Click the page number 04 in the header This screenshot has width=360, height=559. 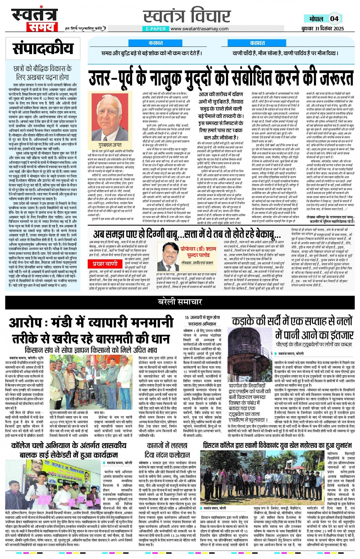pyautogui.click(x=334, y=19)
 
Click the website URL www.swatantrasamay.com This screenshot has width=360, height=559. pyautogui.click(x=199, y=29)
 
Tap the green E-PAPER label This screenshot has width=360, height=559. pyautogui.click(x=156, y=29)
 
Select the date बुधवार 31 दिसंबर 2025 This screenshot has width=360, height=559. pyautogui.click(x=322, y=29)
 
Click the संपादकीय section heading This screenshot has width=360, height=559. pyautogui.click(x=43, y=49)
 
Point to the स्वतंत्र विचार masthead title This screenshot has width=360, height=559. pyautogui.click(x=187, y=16)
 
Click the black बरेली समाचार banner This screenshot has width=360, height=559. pyautogui.click(x=180, y=302)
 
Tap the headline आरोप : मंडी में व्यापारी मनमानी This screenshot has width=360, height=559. pyautogui.click(x=90, y=323)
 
